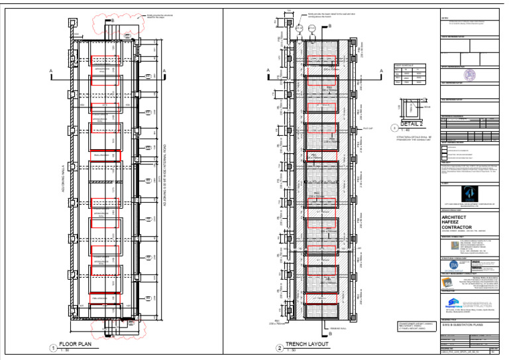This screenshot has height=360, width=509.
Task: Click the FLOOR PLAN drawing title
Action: (x=74, y=343)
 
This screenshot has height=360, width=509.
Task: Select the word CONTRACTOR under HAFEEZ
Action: (x=465, y=227)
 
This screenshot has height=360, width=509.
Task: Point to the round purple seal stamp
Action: (x=469, y=76)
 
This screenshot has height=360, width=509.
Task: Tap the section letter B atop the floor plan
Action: (x=112, y=21)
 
